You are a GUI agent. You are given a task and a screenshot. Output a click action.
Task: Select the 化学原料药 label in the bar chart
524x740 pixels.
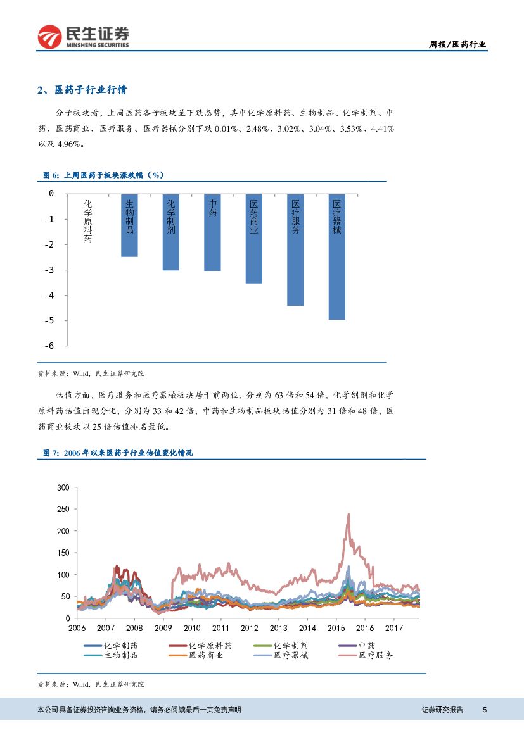coord(88,222)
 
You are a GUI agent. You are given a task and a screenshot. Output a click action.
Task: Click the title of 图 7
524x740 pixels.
coord(117,453)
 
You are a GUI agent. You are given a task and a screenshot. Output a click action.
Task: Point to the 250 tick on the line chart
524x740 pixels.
coord(62,510)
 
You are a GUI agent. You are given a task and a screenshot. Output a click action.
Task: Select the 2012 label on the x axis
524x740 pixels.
coord(249,628)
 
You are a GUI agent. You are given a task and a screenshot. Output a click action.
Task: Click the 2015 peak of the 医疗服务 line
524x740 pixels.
coord(348,515)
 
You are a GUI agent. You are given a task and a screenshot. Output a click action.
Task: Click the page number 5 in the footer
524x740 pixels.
coord(484,710)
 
